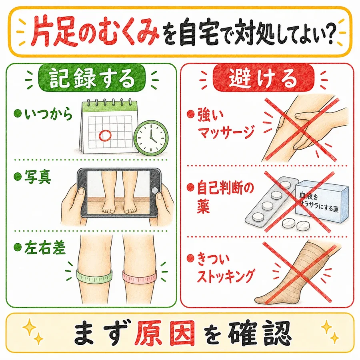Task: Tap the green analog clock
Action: (x=151, y=138)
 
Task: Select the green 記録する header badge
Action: (x=92, y=78)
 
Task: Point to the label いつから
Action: (x=48, y=114)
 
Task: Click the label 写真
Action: (x=38, y=177)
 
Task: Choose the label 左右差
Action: (x=45, y=248)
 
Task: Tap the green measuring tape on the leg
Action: (x=94, y=276)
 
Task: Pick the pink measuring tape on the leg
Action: (x=140, y=276)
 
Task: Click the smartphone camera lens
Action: (x=155, y=190)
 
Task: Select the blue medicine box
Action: (x=322, y=201)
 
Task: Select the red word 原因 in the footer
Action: (x=164, y=334)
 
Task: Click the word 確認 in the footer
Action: (x=260, y=334)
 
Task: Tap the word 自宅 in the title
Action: (x=198, y=32)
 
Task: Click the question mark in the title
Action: (x=330, y=33)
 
